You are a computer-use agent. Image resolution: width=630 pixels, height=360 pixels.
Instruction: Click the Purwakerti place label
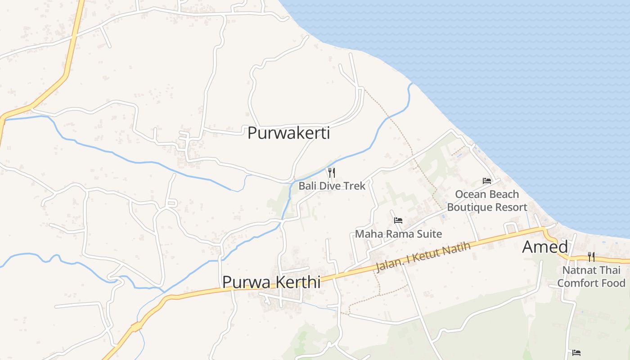pyautogui.click(x=288, y=133)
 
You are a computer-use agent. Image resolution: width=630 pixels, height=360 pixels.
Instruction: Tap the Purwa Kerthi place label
pyautogui.click(x=271, y=282)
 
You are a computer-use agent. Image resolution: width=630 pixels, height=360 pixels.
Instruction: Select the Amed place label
pyautogui.click(x=545, y=247)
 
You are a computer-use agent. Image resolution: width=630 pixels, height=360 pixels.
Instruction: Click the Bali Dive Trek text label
pyautogui.click(x=332, y=185)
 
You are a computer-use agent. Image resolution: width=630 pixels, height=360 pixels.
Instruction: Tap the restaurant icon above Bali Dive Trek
pyautogui.click(x=332, y=172)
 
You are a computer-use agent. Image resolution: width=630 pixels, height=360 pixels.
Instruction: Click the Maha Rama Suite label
pyautogui.click(x=398, y=234)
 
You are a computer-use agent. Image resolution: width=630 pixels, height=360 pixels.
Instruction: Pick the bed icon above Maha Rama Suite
pyautogui.click(x=398, y=220)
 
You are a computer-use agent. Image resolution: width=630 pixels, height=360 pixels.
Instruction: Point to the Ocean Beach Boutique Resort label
pyautogui.click(x=487, y=201)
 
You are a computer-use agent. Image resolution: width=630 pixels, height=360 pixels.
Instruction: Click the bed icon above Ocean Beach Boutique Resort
pyautogui.click(x=487, y=181)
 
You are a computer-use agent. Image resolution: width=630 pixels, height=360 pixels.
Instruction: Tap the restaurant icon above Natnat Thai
pyautogui.click(x=591, y=257)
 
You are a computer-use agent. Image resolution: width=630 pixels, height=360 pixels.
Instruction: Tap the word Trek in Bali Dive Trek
pyautogui.click(x=355, y=185)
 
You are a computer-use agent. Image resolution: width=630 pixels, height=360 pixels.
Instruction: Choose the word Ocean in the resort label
pyautogui.click(x=468, y=194)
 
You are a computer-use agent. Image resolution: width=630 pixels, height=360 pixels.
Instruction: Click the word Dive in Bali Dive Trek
pyautogui.click(x=333, y=185)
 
